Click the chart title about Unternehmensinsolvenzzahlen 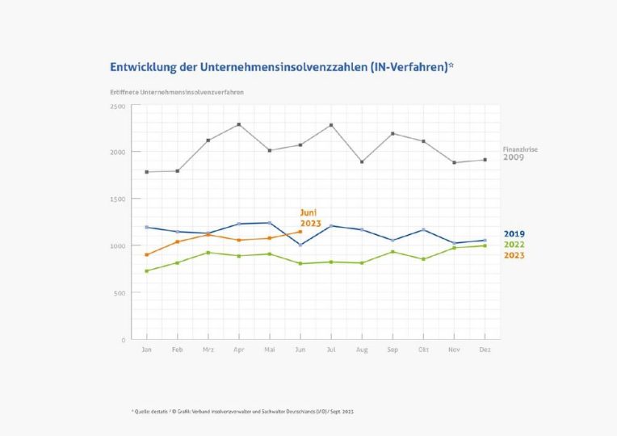(281, 67)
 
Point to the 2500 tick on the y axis (117, 106)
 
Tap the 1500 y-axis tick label (117, 199)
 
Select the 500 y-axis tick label (120, 293)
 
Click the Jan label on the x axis (146, 349)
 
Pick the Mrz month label (208, 349)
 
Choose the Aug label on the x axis (362, 349)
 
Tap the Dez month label (484, 349)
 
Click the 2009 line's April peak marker (239, 124)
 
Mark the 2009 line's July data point (331, 125)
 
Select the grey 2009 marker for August (362, 161)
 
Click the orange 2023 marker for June (300, 232)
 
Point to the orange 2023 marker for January (147, 254)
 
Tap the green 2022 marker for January (147, 270)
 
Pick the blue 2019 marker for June (300, 245)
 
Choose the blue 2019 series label (514, 234)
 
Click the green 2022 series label (514, 245)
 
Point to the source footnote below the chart (242, 412)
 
